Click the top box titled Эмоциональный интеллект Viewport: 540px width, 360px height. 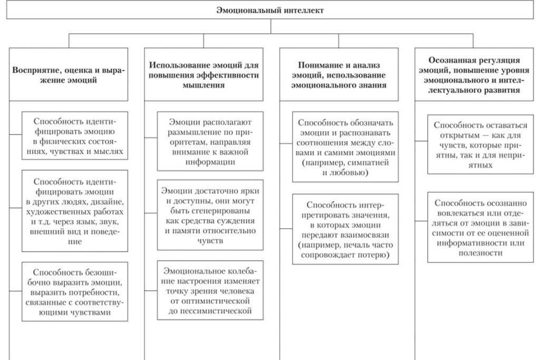click(x=270, y=10)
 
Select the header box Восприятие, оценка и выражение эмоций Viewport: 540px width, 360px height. click(x=69, y=75)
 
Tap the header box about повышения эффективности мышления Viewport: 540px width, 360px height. click(x=204, y=75)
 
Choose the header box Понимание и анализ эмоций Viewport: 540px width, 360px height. click(x=339, y=75)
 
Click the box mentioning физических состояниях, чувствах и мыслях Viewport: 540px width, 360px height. click(x=74, y=136)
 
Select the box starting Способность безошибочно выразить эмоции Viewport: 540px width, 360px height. click(x=74, y=291)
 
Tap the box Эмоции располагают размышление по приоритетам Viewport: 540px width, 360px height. click(x=210, y=141)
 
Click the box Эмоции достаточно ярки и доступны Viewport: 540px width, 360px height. click(x=210, y=215)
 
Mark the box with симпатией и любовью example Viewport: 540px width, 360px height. click(x=345, y=147)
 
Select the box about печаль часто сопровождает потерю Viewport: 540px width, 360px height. click(x=345, y=229)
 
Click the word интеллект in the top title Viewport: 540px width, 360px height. click(x=303, y=10)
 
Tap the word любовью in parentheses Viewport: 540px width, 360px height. click(x=351, y=172)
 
